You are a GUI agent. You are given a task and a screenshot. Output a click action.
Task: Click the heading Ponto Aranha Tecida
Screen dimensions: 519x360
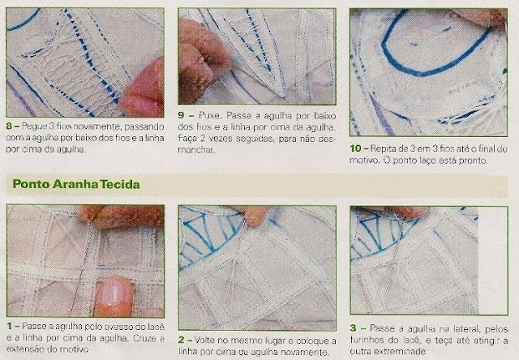click(x=76, y=184)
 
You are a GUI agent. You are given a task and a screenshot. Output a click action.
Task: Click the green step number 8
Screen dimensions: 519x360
click(x=9, y=126)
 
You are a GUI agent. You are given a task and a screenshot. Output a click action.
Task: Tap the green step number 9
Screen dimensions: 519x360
click(x=181, y=115)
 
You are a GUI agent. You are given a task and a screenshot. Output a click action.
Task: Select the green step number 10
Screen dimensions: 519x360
click(x=355, y=148)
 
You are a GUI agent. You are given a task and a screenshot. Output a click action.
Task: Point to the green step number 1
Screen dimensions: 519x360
click(x=9, y=326)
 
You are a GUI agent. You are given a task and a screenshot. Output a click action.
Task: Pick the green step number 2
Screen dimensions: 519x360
click(x=181, y=340)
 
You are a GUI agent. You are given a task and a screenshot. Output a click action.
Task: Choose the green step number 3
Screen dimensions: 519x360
click(x=354, y=328)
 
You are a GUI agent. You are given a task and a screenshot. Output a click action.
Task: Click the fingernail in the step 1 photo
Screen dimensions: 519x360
click(x=113, y=292)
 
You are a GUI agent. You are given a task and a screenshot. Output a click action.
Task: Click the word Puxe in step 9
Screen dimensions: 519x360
click(x=209, y=115)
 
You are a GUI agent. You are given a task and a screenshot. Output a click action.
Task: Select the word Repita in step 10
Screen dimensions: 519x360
click(x=380, y=148)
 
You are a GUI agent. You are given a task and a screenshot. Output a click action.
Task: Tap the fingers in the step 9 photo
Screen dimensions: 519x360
click(x=202, y=59)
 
